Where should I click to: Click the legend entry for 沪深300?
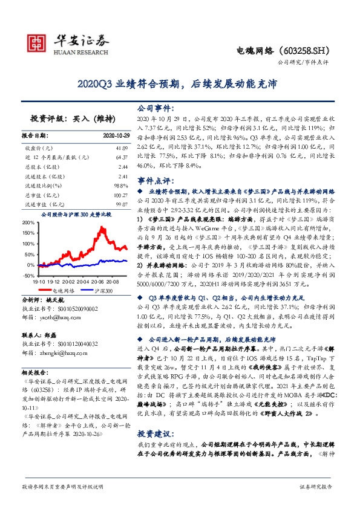tap(102, 291)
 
